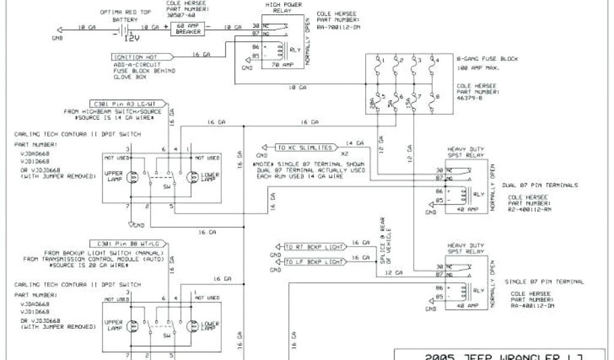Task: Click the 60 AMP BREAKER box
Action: point(188,28)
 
